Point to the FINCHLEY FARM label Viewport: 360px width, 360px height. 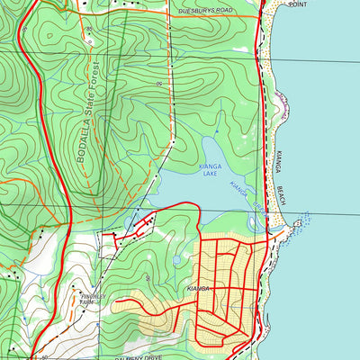click(93, 296)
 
